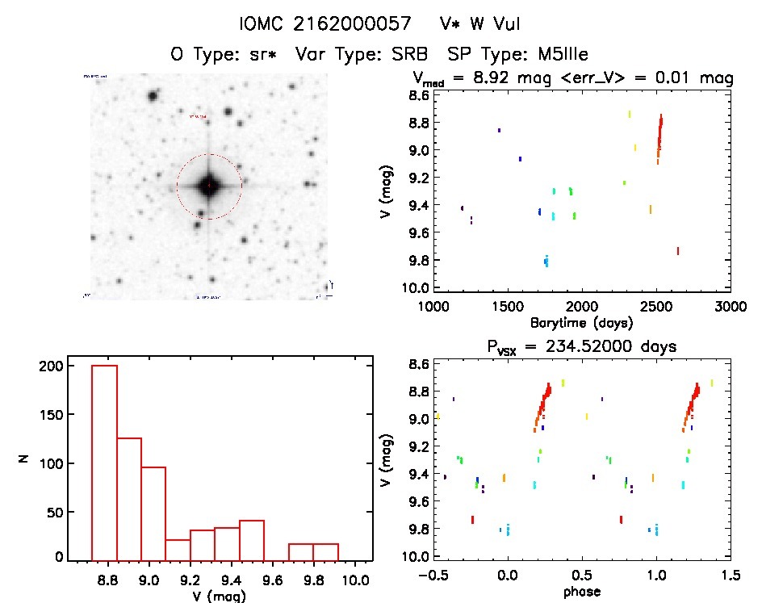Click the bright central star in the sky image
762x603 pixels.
pos(208,186)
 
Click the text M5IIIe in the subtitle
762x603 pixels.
pos(556,55)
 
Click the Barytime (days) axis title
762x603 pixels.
pos(582,322)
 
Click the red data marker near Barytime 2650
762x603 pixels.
pos(678,251)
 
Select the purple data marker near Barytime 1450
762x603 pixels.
pos(500,130)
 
